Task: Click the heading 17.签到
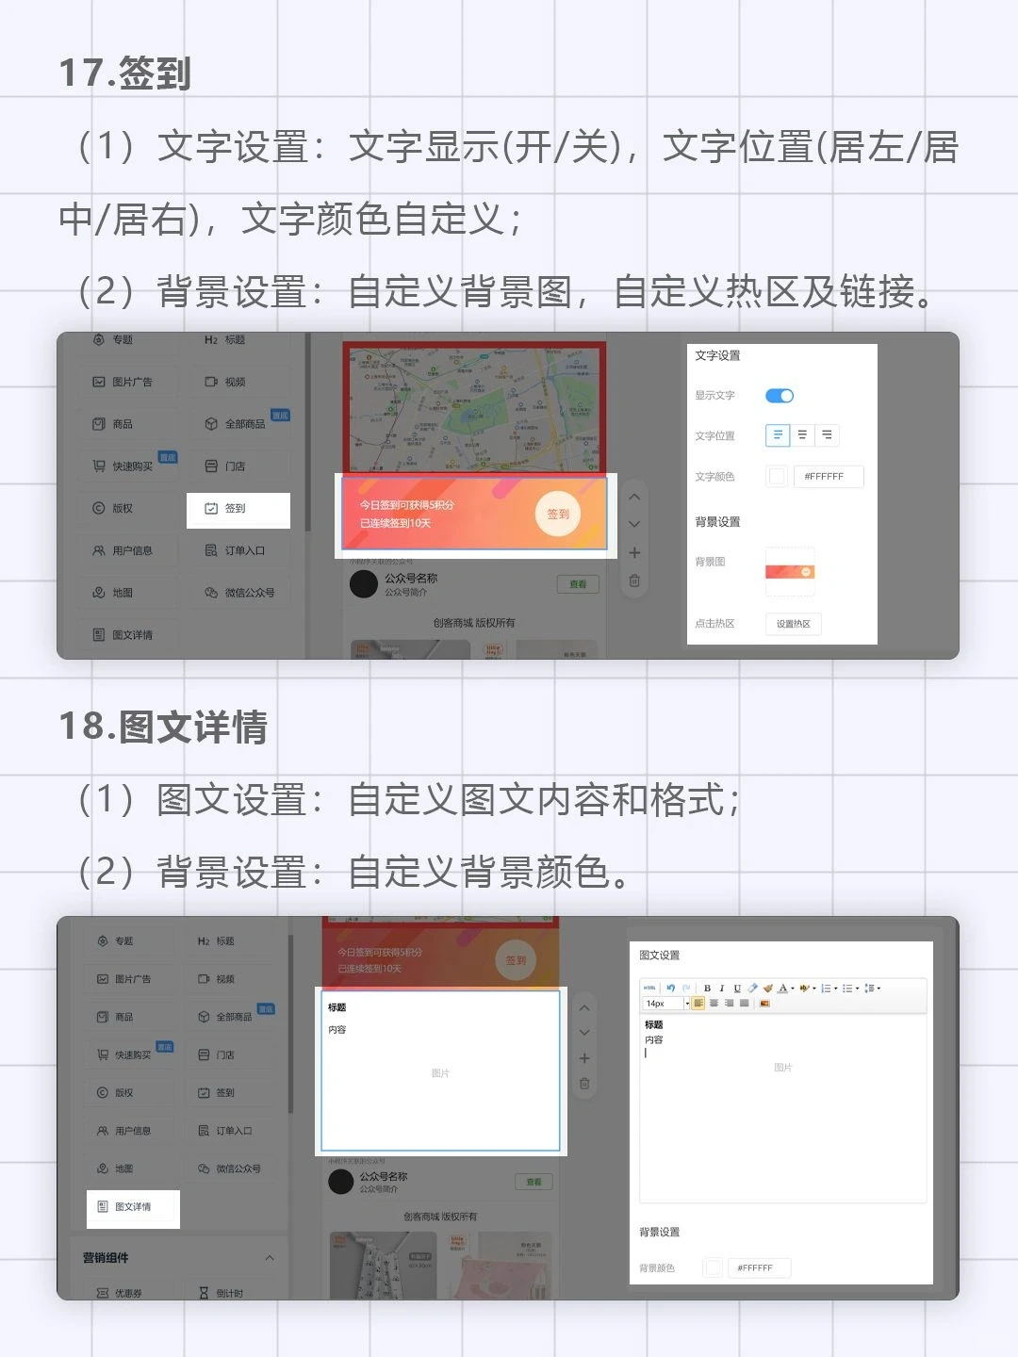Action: coord(124,73)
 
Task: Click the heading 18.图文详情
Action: coord(163,727)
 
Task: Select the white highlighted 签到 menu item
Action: coord(237,509)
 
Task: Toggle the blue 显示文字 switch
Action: coord(780,396)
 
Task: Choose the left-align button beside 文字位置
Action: coord(778,435)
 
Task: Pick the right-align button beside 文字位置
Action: coord(827,435)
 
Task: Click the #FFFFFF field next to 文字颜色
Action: coord(828,477)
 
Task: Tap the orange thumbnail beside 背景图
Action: coord(790,572)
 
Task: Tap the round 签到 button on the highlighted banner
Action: coord(558,515)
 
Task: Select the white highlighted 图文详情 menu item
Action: coord(133,1207)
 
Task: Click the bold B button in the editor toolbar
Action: coord(707,989)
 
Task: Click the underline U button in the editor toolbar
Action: coord(737,989)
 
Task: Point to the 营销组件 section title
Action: coord(106,1258)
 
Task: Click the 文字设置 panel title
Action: coord(717,356)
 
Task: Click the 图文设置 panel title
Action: coord(660,956)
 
